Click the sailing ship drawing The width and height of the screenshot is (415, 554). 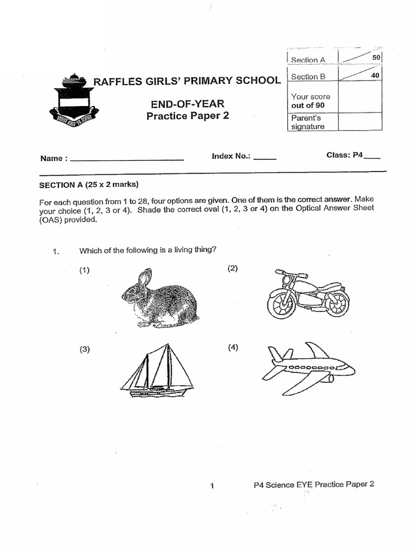coord(157,372)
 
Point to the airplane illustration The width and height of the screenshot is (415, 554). coord(308,368)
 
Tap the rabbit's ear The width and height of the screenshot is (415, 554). coord(143,278)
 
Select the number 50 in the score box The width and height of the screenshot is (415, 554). coord(376,57)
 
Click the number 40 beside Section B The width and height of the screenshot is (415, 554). coord(375,76)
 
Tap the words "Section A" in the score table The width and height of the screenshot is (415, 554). coord(308,60)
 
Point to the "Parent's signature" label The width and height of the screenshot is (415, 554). coord(307,122)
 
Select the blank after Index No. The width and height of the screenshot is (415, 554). coord(265,159)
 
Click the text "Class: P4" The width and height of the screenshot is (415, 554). coord(346,155)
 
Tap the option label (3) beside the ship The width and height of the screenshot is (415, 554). coord(85,349)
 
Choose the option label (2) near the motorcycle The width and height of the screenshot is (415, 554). coord(232,268)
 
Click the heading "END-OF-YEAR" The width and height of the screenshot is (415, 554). coord(188,103)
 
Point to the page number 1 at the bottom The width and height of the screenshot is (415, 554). coord(212,486)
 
